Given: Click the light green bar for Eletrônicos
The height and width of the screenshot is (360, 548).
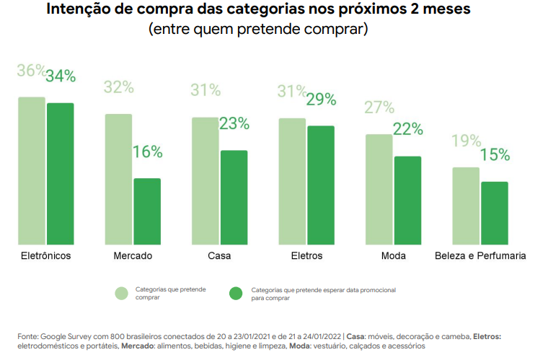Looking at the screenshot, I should click(x=32, y=171).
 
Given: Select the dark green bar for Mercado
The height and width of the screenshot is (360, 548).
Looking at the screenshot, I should click(x=147, y=211).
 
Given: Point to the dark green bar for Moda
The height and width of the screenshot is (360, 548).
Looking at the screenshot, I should click(x=407, y=201).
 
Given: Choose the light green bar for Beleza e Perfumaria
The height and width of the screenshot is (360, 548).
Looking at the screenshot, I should click(x=466, y=206).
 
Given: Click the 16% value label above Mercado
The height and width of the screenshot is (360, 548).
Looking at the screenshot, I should click(x=147, y=152).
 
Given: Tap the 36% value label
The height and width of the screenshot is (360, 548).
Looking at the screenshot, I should click(x=31, y=71).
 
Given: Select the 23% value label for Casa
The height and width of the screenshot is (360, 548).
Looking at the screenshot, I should click(x=234, y=123).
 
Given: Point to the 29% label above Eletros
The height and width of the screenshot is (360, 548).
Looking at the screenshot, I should click(x=321, y=100).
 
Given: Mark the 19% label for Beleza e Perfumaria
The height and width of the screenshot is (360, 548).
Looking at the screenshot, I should click(x=466, y=141).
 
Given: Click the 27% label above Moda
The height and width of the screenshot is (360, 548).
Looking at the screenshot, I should click(x=379, y=107).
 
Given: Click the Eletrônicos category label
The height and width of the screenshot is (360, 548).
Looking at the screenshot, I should click(x=45, y=256).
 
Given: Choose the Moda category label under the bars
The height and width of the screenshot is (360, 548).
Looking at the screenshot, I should click(x=393, y=256).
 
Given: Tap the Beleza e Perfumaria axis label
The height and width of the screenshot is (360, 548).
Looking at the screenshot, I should click(x=480, y=256).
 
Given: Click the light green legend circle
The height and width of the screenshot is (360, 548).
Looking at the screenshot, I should click(x=122, y=293).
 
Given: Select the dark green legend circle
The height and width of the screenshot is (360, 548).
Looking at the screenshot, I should click(x=236, y=293).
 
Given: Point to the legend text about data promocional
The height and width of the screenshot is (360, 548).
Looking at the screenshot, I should click(x=323, y=293).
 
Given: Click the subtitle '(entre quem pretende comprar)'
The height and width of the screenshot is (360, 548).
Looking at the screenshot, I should click(x=258, y=30).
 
